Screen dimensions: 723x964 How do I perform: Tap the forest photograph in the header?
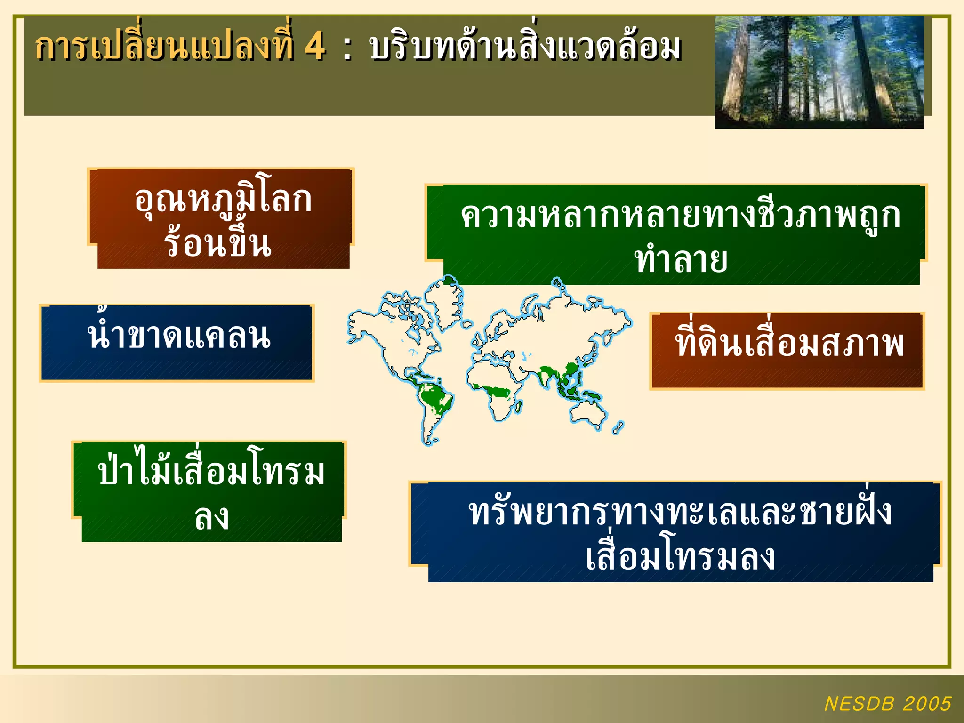coord(819,72)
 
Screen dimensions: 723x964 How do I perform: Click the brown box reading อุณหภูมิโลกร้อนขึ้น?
coord(220,219)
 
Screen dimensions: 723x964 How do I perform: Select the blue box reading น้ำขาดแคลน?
coord(177,343)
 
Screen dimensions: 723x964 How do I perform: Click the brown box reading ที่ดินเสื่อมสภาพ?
coord(787,350)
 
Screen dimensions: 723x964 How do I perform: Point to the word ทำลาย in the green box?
coord(681,260)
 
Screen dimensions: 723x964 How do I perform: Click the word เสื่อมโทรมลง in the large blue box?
coord(680,557)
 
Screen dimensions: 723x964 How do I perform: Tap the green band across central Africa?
coord(494,390)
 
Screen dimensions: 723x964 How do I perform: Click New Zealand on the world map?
coord(618,427)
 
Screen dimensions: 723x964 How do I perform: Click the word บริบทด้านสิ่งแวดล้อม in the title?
coord(525,47)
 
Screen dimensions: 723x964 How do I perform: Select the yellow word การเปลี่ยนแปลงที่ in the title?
coord(165,47)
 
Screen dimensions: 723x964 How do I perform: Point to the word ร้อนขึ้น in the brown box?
coord(218,244)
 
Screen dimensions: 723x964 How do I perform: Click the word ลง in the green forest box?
coord(212,517)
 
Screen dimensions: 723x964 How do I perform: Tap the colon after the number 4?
coord(347,48)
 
